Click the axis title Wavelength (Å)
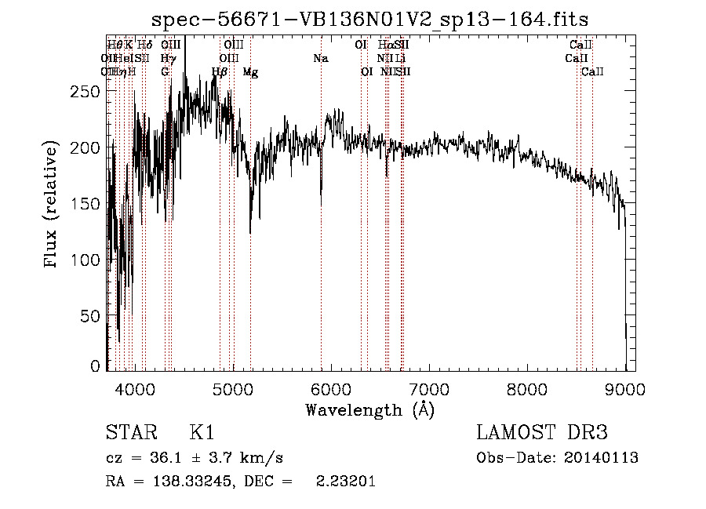(369, 409)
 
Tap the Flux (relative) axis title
(53, 205)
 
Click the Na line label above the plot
(320, 58)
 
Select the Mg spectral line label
(250, 72)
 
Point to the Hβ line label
(220, 72)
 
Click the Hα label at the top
(385, 45)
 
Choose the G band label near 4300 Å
(165, 72)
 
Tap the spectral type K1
(202, 433)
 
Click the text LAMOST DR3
(542, 433)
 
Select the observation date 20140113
(600, 458)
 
